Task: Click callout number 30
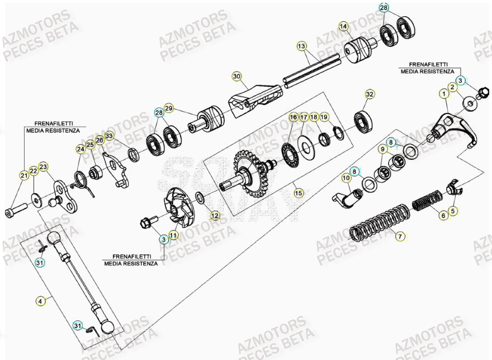(x=236, y=76)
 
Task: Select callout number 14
(x=343, y=26)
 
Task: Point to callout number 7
(x=399, y=236)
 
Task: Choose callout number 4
(x=40, y=301)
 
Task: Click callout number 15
(x=299, y=193)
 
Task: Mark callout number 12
(x=215, y=215)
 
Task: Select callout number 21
(x=24, y=176)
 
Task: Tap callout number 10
(x=346, y=178)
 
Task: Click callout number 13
(x=301, y=45)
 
